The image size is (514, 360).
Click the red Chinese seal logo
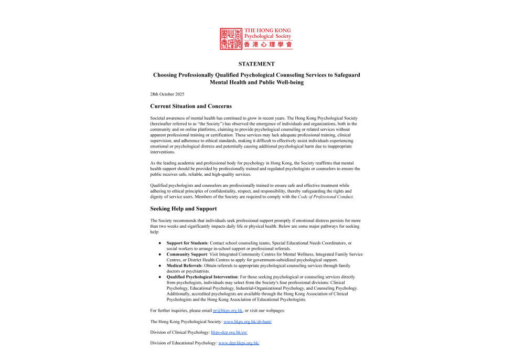coord(232,38)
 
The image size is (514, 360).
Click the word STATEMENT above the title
coord(256,63)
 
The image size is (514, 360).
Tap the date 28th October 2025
coord(167,94)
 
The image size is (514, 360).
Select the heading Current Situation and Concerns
coord(190,106)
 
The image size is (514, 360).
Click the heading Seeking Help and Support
coord(183,208)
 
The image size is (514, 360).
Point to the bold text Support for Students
coord(187,243)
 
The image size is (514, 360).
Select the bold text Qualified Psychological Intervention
coord(202,277)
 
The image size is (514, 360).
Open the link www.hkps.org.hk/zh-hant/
coord(248,321)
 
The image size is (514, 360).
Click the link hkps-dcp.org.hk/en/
coord(229,332)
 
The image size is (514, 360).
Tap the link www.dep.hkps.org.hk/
coord(239,343)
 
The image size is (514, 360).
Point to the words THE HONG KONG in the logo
coord(267,31)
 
